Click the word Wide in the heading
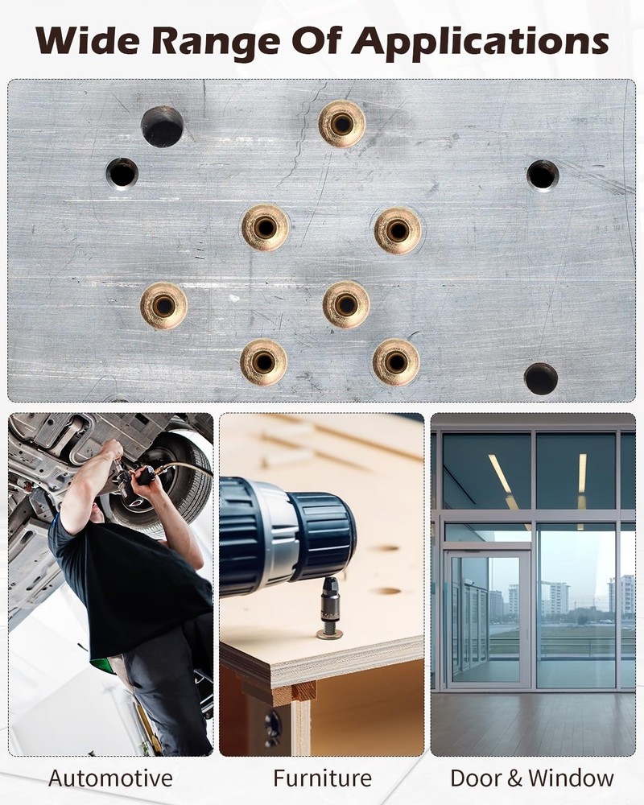(87, 40)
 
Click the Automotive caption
(110, 778)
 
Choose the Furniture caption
(323, 778)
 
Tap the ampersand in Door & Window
(515, 778)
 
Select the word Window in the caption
(571, 778)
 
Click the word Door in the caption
(477, 778)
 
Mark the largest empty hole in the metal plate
(163, 126)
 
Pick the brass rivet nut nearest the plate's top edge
(342, 124)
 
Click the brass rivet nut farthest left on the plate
(164, 306)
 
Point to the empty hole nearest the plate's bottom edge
(541, 378)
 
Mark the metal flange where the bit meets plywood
(330, 634)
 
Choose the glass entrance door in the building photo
(488, 618)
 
